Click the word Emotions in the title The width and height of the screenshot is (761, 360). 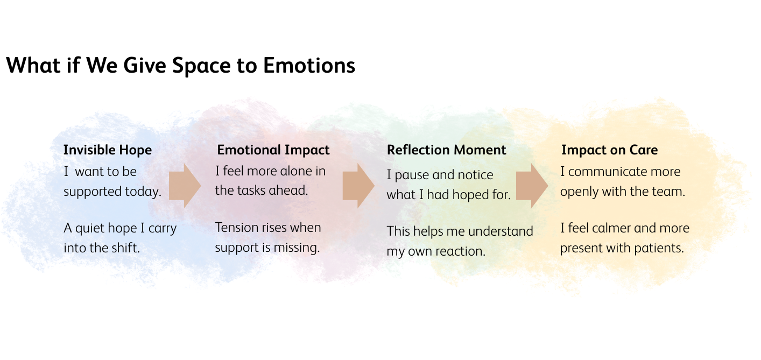[309, 65]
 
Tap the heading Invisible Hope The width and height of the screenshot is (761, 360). [108, 150]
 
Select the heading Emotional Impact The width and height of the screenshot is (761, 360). [273, 150]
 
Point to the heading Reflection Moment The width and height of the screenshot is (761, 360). [446, 150]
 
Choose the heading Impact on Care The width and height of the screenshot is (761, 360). [609, 150]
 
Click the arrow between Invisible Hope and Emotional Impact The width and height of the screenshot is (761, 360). [185, 186]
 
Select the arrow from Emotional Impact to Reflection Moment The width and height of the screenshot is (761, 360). [358, 186]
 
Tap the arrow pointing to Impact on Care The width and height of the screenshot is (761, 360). [532, 186]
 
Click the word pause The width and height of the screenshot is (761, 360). [412, 175]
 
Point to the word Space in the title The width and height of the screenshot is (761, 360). [201, 66]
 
